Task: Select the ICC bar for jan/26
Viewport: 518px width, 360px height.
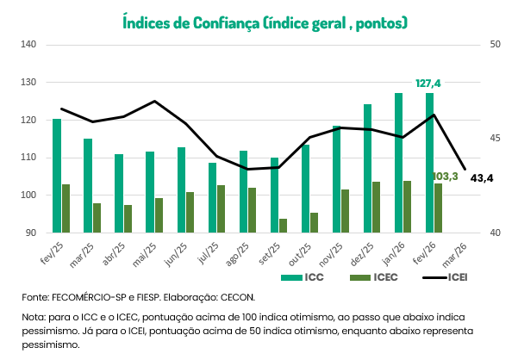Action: [399, 163]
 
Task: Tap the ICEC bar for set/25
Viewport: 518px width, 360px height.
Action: [283, 226]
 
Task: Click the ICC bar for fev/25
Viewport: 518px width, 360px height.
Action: [57, 176]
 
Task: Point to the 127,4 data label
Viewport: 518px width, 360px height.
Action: [428, 84]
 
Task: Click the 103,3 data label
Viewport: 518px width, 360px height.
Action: [444, 177]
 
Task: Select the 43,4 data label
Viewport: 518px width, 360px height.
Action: [482, 178]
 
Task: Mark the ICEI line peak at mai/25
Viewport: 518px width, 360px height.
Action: [154, 102]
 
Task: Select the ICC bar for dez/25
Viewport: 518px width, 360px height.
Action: [367, 169]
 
